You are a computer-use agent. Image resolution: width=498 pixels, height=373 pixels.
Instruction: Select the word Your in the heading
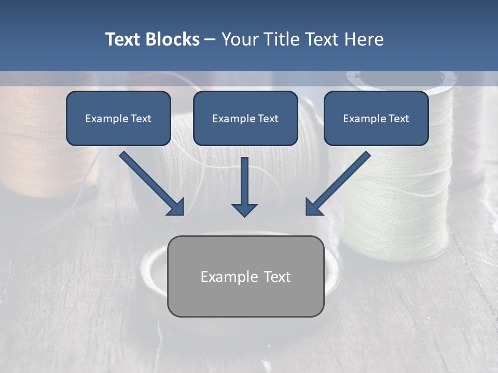241,39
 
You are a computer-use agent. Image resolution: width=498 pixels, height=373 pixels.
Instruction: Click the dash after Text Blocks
210,40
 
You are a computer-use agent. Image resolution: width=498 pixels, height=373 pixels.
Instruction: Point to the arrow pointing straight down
244,187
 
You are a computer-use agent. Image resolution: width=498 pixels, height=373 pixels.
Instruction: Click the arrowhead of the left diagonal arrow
176,207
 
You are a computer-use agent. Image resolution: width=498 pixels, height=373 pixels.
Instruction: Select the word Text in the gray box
277,277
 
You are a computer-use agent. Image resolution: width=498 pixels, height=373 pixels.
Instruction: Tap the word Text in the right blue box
399,119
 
